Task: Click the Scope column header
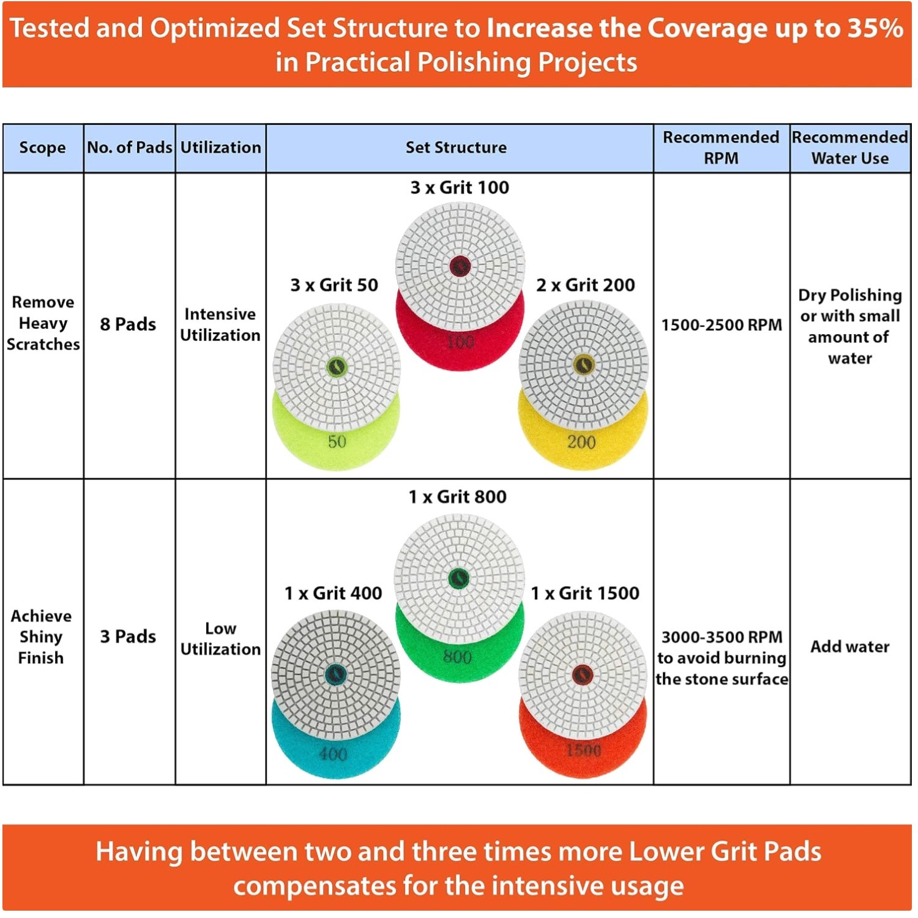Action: pyautogui.click(x=42, y=147)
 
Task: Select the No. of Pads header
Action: pyautogui.click(x=130, y=147)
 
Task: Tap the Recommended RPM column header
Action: pyautogui.click(x=721, y=147)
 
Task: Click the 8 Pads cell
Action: pyautogui.click(x=128, y=324)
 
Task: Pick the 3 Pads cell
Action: pyautogui.click(x=128, y=636)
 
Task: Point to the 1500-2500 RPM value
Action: pyautogui.click(x=722, y=324)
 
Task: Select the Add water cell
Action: pyautogui.click(x=849, y=646)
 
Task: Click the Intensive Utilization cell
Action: pyautogui.click(x=220, y=324)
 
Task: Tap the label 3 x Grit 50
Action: pyautogui.click(x=334, y=285)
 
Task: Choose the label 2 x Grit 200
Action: pyautogui.click(x=586, y=285)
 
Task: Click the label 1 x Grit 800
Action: pyautogui.click(x=458, y=496)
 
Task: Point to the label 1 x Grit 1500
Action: pyautogui.click(x=585, y=593)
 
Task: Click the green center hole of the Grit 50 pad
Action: pyautogui.click(x=337, y=367)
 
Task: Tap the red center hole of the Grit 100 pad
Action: pyautogui.click(x=460, y=266)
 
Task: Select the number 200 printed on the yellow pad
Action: pyautogui.click(x=581, y=442)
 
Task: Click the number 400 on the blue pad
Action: pyautogui.click(x=333, y=754)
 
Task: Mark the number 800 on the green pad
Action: pyautogui.click(x=457, y=657)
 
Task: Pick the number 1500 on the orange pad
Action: pyautogui.click(x=583, y=750)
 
